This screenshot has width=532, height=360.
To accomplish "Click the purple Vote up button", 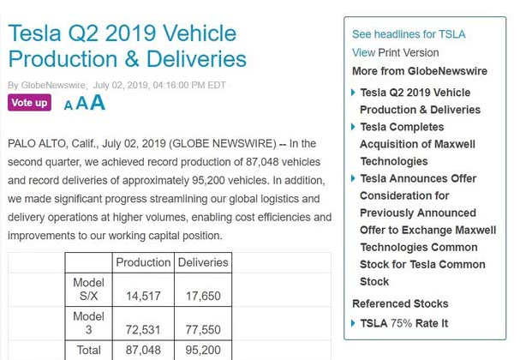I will pos(29,103).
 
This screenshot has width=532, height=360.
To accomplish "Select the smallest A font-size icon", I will pos(69,106).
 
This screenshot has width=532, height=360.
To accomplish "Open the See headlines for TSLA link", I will pos(409,34).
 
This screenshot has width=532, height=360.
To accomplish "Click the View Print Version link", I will pos(395,52).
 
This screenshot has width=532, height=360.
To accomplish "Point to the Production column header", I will pos(143,262).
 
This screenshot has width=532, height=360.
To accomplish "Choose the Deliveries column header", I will pos(202,262).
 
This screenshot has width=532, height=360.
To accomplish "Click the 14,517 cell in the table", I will pos(143,296).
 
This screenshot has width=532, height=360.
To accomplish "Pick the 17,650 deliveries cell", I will pos(202,296).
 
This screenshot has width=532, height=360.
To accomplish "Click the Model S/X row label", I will pos(89,289).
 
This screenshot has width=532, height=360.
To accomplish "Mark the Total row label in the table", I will pos(89,350).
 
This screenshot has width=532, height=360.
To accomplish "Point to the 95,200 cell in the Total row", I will pos(202,350).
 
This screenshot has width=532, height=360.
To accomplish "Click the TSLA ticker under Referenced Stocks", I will pos(374,323).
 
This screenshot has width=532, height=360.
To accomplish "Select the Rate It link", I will pos(432,323).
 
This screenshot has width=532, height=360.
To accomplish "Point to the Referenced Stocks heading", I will pos(400,303).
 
